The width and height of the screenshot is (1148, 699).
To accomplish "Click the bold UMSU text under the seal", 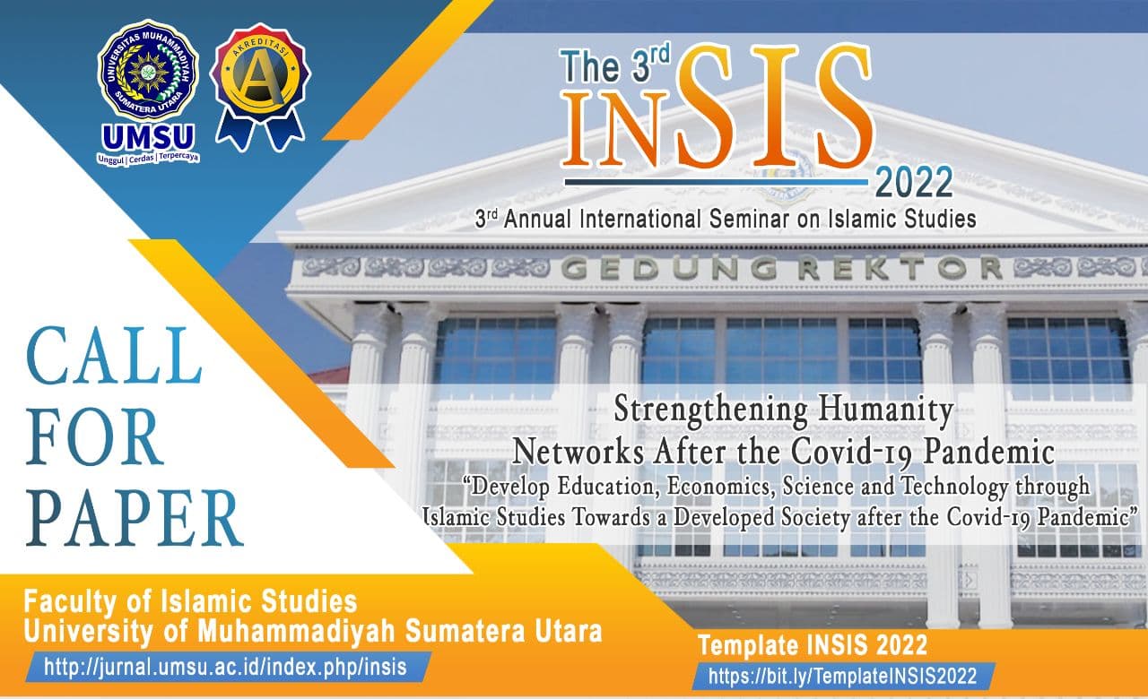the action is point(148,137).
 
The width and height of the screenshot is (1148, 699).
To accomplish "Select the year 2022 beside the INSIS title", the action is point(914,182).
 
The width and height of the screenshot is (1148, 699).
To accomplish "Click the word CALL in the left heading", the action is point(114,356).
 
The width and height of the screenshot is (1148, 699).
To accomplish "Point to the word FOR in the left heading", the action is point(94,436).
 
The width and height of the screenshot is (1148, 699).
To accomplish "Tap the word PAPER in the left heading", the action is point(135,518).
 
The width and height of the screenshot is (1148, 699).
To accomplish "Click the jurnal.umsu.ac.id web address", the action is point(225,668).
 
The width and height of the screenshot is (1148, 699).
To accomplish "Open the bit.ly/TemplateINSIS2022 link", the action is point(842,676).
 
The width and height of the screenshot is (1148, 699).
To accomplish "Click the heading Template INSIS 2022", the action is point(813,645).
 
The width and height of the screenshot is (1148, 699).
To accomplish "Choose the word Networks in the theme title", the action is point(578,453).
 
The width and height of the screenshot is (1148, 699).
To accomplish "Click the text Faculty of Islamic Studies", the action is point(190,601).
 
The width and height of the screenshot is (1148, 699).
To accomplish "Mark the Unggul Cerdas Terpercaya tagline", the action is point(148,159).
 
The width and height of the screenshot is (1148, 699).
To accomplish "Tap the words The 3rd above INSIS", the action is point(615,65).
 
